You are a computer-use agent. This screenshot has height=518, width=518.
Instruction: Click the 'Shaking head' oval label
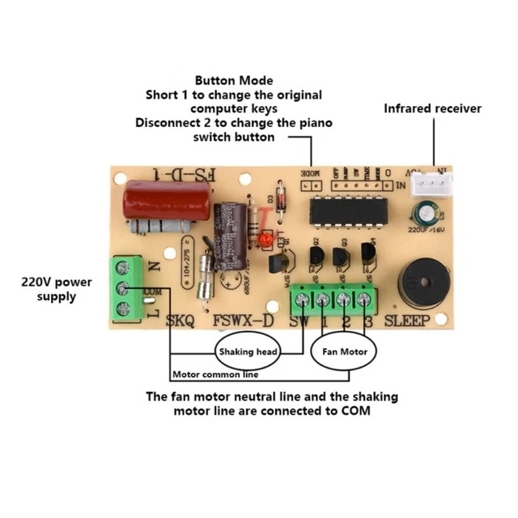click(x=247, y=352)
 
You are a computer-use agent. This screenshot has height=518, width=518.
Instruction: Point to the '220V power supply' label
click(x=57, y=289)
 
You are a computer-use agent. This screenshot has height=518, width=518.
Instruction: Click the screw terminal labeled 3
click(x=365, y=300)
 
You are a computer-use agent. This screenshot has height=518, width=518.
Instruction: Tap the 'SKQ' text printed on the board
click(x=180, y=321)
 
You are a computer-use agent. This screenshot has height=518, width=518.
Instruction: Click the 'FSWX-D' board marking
click(x=243, y=321)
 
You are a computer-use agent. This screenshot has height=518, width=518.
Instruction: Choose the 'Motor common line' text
click(x=215, y=376)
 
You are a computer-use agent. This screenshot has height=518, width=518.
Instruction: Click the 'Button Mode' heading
click(x=234, y=81)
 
